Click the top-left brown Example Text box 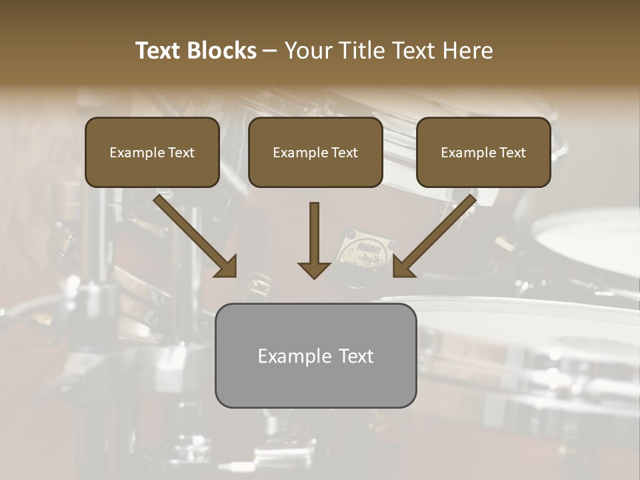pyautogui.click(x=152, y=153)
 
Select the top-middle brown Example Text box pyautogui.click(x=315, y=153)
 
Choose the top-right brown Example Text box pyautogui.click(x=483, y=153)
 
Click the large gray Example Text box pyautogui.click(x=315, y=355)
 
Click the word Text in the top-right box pyautogui.click(x=513, y=153)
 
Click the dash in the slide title pyautogui.click(x=270, y=51)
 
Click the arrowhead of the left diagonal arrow pyautogui.click(x=227, y=267)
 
